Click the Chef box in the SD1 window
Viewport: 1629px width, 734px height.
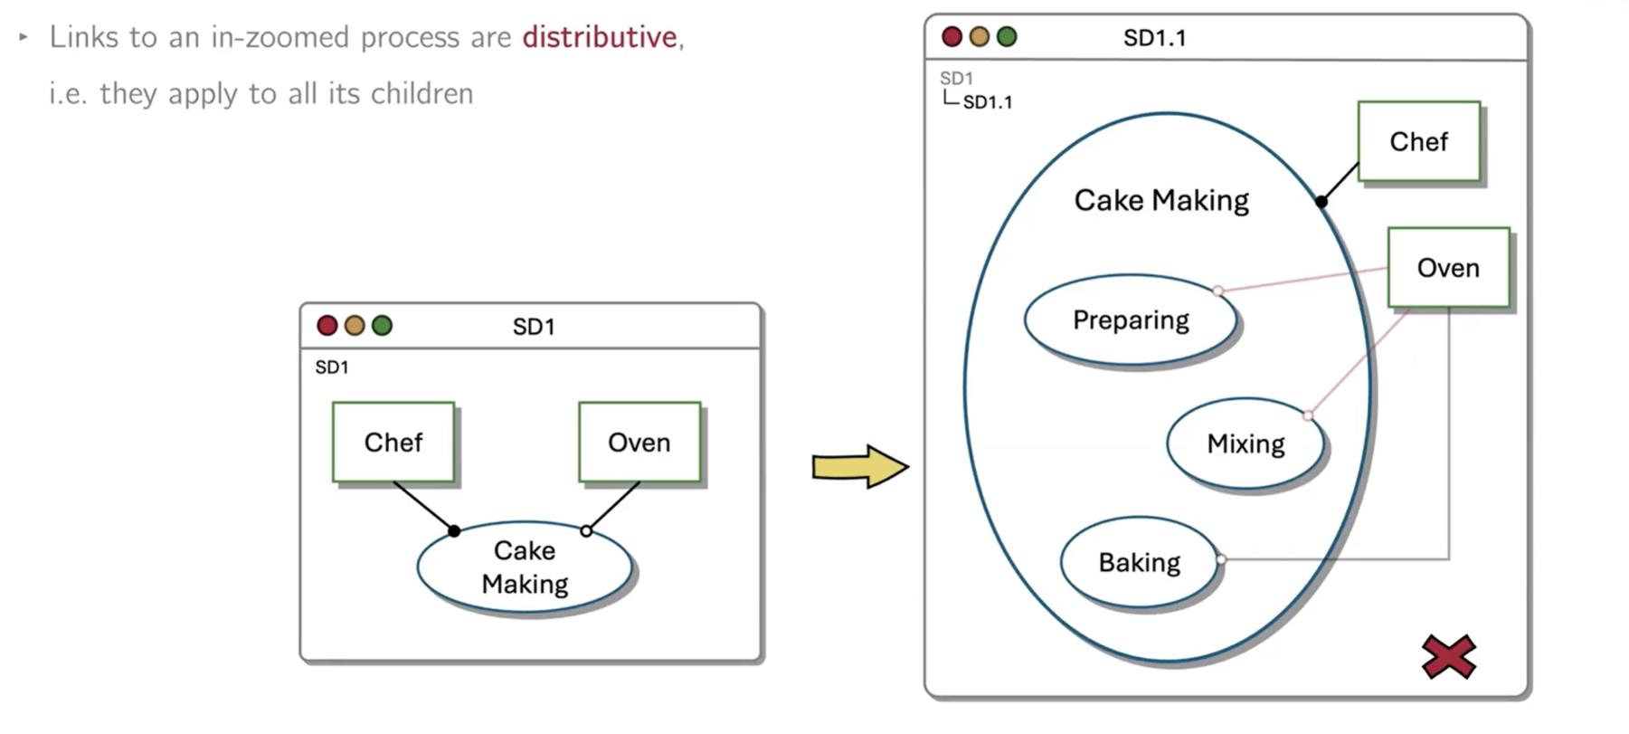[x=393, y=443]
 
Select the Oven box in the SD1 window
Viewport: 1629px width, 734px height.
[x=639, y=443]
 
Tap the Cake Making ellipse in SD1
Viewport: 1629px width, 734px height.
[x=525, y=567]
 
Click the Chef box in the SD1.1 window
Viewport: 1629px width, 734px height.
[x=1418, y=142]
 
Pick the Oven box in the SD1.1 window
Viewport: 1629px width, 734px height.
[x=1448, y=268]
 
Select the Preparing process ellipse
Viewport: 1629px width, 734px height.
[x=1131, y=320]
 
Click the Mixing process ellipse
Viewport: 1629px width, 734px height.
[x=1245, y=443]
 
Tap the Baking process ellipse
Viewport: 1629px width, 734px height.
[x=1139, y=563]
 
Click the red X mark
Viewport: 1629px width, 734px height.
[x=1448, y=657]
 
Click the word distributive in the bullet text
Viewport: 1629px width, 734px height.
[x=600, y=37]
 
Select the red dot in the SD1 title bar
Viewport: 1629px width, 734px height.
[x=327, y=326]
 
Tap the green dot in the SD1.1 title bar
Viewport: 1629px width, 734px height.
[x=1007, y=37]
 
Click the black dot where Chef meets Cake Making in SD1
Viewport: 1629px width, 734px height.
[x=454, y=531]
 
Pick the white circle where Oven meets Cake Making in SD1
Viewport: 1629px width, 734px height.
[x=586, y=531]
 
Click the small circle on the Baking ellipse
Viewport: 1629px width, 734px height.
[x=1220, y=559]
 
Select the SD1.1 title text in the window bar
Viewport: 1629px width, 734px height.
[x=1154, y=38]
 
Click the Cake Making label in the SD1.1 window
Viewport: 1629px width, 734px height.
[x=1161, y=200]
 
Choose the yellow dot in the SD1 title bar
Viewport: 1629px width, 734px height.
[x=355, y=326]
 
